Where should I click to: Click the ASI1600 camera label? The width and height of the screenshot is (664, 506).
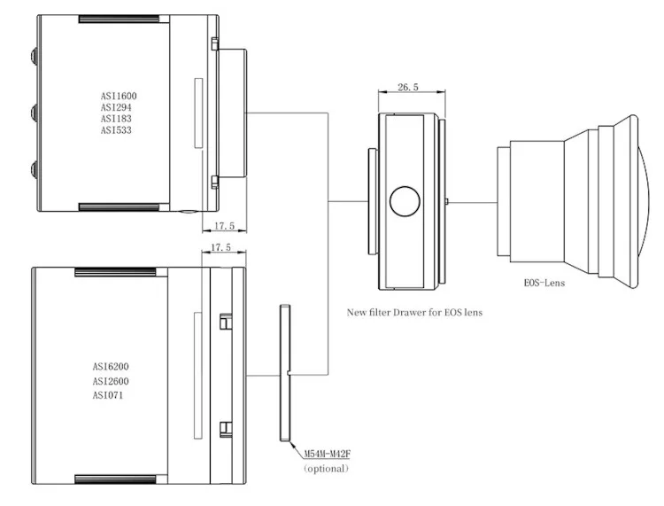119,96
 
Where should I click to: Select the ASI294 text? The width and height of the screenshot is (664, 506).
117,107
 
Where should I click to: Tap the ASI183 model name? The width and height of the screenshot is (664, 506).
116,119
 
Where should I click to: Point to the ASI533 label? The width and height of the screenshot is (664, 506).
117,130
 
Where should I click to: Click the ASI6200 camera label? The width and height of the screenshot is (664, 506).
117,366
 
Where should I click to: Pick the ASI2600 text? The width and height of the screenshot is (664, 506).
117,380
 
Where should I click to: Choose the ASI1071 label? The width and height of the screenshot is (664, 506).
114,394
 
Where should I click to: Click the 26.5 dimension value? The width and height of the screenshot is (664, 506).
408,88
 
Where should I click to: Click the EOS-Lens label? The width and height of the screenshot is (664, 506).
544,284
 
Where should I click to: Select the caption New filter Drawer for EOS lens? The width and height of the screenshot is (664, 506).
414,312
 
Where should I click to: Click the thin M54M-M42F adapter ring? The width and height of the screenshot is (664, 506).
284,372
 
